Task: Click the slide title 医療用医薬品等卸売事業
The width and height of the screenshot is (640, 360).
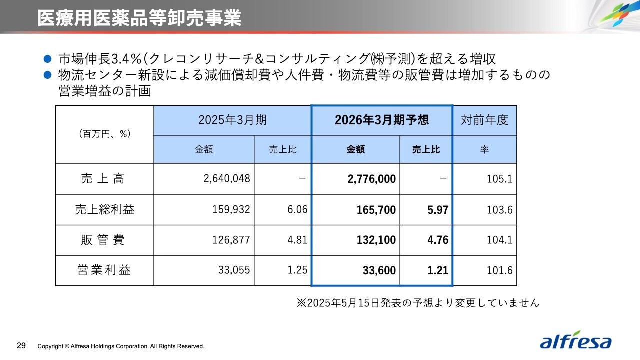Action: tap(139, 18)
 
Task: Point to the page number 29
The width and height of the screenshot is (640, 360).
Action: tap(21, 346)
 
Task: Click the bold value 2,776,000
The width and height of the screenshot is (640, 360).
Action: tap(371, 179)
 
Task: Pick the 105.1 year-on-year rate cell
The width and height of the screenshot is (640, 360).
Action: tap(499, 179)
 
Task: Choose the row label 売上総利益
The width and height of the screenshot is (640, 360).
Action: tap(104, 210)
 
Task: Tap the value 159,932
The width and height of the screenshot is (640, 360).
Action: tap(231, 210)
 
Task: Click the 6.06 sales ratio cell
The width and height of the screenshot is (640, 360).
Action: tap(297, 210)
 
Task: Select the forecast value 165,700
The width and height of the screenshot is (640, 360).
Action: tap(376, 210)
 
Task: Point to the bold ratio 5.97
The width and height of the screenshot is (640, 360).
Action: tap(438, 210)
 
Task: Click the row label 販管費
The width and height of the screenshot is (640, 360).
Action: tap(104, 240)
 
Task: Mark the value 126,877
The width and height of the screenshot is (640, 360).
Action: tap(231, 240)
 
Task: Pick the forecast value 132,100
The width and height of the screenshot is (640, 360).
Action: tap(376, 240)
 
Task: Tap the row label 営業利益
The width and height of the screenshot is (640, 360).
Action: tap(104, 270)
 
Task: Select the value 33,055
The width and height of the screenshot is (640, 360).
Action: tap(234, 270)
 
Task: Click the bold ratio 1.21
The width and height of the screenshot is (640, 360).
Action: tap(438, 270)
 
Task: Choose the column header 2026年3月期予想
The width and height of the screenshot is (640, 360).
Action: tap(382, 120)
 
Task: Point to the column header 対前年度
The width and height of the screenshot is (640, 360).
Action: tap(484, 120)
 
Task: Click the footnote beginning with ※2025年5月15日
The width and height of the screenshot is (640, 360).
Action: tap(418, 303)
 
